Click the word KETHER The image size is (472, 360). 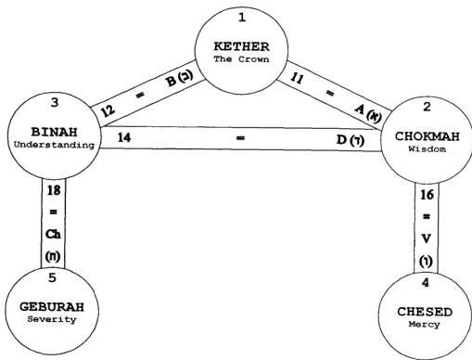pos(241,46)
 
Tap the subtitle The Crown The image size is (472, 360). pos(241,58)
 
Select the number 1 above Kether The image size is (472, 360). pos(242,18)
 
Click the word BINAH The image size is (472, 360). pos(54,132)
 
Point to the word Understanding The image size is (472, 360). pos(54,145)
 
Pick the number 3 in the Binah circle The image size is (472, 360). pos(55,102)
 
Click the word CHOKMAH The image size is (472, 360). pos(427,136)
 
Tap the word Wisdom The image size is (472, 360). pos(427,148)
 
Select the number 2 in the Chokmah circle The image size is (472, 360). pos(427,107)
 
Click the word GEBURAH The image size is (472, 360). pos(52,307)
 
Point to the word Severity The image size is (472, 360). pos(52,319)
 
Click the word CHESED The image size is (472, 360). pos(425,312)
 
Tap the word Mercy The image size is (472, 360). pos(424,324)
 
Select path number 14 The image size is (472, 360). pos(124,137)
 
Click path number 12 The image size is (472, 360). pos(108,110)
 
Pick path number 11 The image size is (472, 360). pos(297,78)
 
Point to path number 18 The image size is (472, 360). pos(54,190)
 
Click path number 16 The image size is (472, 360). pos(427,195)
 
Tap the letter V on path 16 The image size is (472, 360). pos(427,238)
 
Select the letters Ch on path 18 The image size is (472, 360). pos(53,234)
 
